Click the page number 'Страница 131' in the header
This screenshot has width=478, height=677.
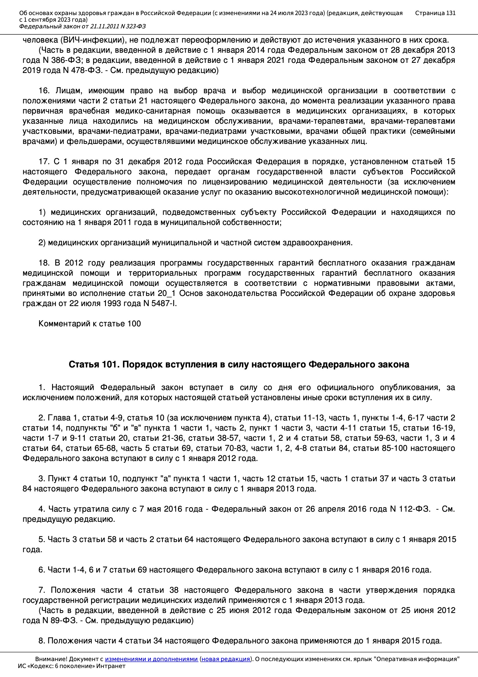tap(435, 13)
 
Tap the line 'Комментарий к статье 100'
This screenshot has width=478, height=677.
tap(90, 323)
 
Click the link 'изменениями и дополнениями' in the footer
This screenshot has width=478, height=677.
tap(151, 659)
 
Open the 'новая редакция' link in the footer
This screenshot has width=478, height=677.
tap(225, 659)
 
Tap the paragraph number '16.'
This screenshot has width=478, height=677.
tap(45, 91)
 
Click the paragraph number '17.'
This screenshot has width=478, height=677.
tap(44, 162)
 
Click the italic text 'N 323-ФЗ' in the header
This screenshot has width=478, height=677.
tap(133, 27)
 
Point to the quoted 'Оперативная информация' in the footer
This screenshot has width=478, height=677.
tap(416, 659)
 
